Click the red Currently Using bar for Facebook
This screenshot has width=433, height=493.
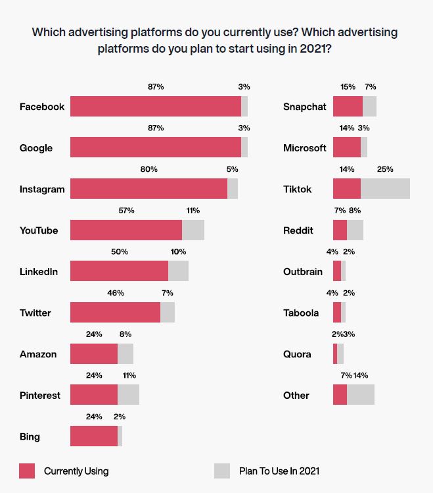pyautogui.click(x=156, y=107)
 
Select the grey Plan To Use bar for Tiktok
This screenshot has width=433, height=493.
pyautogui.click(x=385, y=189)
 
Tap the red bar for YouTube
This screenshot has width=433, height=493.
pyautogui.click(x=126, y=230)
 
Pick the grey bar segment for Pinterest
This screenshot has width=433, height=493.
pyautogui.click(x=128, y=395)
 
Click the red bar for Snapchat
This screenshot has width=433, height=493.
pyautogui.click(x=348, y=107)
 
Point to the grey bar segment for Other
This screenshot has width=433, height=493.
pyautogui.click(x=360, y=395)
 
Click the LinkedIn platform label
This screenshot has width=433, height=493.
pyautogui.click(x=39, y=272)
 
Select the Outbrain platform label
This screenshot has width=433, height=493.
pyautogui.click(x=302, y=272)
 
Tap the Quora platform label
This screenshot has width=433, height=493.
pyautogui.click(x=297, y=354)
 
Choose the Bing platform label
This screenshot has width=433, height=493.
pyautogui.click(x=30, y=436)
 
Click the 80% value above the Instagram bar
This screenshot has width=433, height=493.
pyautogui.click(x=149, y=169)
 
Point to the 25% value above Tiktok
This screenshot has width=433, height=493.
pyautogui.click(x=385, y=169)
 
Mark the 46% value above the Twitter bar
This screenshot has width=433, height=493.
pyautogui.click(x=116, y=293)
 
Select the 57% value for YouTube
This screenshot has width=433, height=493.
pyautogui.click(x=126, y=211)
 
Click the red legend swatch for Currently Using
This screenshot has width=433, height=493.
pyautogui.click(x=27, y=471)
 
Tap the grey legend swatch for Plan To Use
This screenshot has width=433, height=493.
pyautogui.click(x=222, y=471)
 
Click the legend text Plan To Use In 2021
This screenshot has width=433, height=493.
pyautogui.click(x=279, y=471)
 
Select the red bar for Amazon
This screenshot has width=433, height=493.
pyautogui.click(x=94, y=354)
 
